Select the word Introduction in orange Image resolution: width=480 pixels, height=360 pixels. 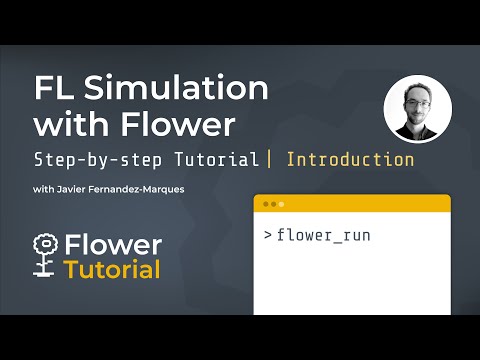(x=350, y=159)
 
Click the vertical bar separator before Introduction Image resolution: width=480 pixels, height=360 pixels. (x=269, y=159)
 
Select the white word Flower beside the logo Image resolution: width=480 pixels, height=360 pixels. (x=111, y=246)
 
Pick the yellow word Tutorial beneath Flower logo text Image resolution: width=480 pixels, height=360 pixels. (x=112, y=270)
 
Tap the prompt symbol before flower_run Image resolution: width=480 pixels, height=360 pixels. (x=267, y=236)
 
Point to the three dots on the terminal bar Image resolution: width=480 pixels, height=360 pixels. (x=269, y=203)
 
